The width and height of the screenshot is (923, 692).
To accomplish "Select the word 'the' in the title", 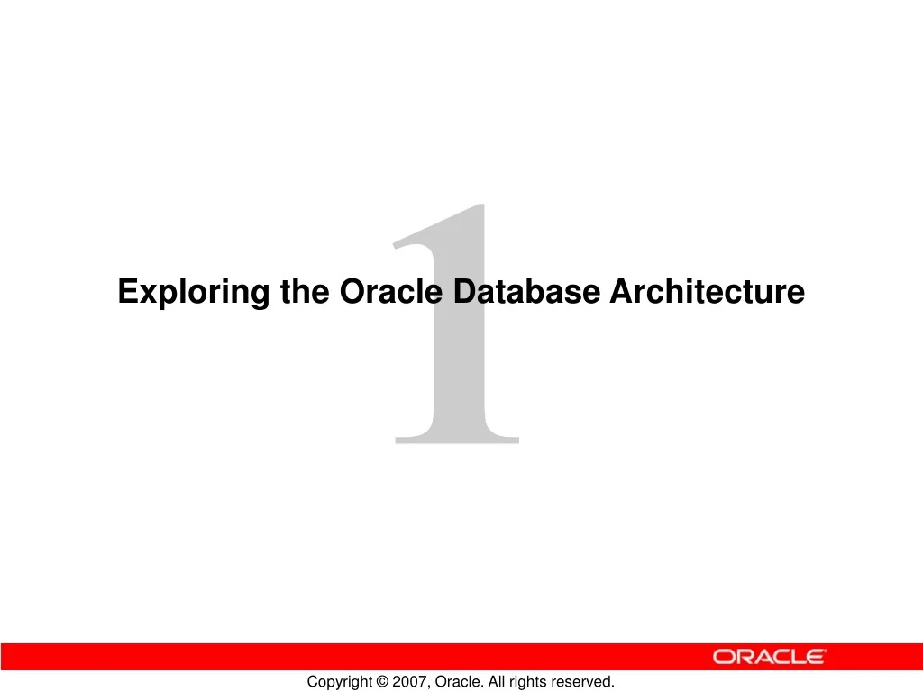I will (306, 292).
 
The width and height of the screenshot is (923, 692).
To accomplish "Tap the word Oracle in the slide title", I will (391, 292).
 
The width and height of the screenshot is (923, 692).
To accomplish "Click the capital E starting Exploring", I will (128, 292).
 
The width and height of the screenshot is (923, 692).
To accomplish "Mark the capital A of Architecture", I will (620, 292).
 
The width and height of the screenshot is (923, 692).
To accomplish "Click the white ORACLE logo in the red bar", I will (769, 657).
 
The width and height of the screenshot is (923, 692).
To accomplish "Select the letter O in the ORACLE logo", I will (724, 657).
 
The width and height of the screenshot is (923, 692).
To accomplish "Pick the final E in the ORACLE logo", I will (814, 657).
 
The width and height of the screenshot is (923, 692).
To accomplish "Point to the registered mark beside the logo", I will (827, 651).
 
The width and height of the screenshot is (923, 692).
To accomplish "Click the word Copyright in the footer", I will (338, 682).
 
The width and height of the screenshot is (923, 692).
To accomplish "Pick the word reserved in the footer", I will (583, 682).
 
